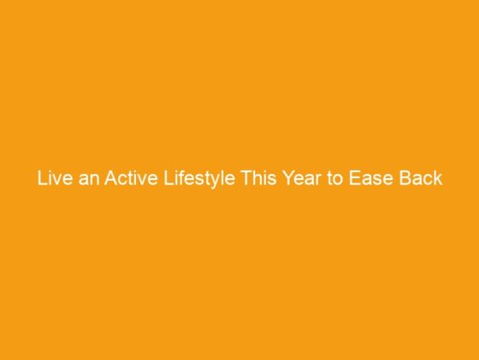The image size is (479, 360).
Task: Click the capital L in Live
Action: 40,181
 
